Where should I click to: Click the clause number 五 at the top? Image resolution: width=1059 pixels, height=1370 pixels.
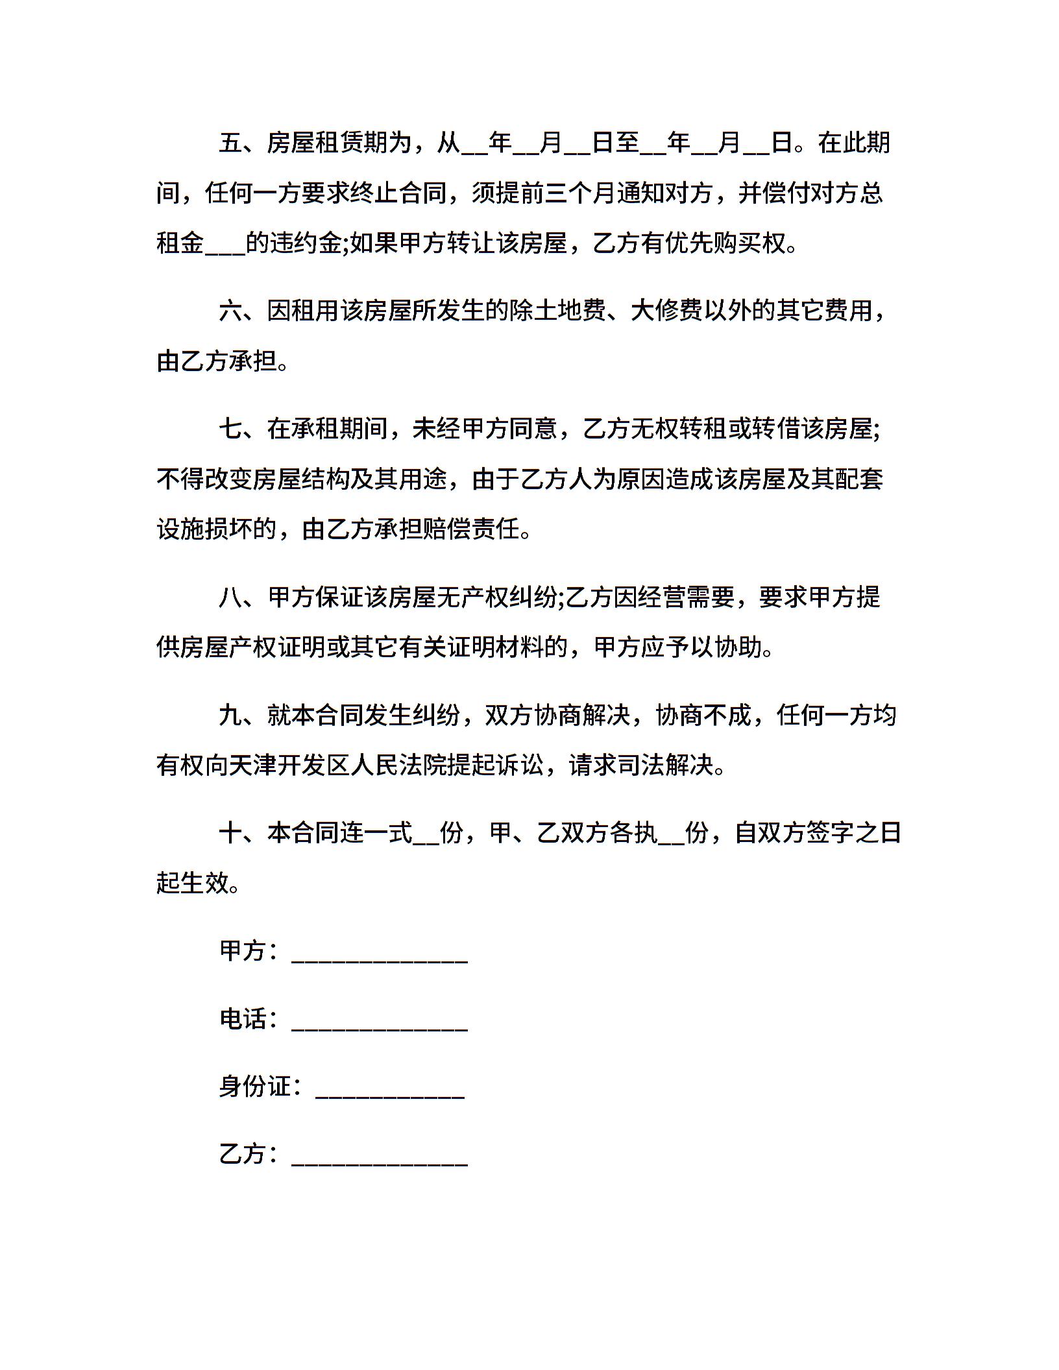230,143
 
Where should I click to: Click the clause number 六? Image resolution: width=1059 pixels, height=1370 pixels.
230,311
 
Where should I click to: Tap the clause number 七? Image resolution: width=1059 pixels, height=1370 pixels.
230,429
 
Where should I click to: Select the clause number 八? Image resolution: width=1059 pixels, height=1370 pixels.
230,597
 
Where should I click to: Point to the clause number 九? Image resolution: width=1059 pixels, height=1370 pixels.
230,715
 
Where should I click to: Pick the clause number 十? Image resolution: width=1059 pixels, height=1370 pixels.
230,833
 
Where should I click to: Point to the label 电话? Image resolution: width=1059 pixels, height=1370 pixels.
243,1019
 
